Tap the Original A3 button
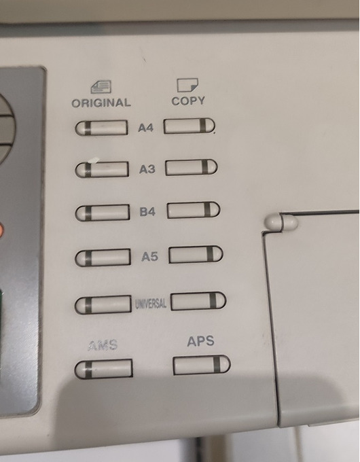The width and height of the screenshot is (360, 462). pyautogui.click(x=102, y=169)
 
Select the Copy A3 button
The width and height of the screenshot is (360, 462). pyautogui.click(x=191, y=167)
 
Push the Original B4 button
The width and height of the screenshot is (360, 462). pyautogui.click(x=102, y=213)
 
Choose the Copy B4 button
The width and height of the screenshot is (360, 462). pyautogui.click(x=194, y=210)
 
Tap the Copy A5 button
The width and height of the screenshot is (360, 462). pyautogui.click(x=196, y=254)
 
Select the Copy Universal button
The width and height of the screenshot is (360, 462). pyautogui.click(x=198, y=301)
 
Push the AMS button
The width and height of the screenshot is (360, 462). pyautogui.click(x=103, y=369)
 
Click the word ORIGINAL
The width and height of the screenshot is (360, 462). pyautogui.click(x=101, y=103)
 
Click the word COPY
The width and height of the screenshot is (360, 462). pyautogui.click(x=188, y=101)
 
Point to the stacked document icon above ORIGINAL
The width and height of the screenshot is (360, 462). pyautogui.click(x=101, y=87)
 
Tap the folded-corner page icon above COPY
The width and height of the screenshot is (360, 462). pyautogui.click(x=187, y=85)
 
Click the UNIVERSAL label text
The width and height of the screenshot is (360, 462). pyautogui.click(x=151, y=304)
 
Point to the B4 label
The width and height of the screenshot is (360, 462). pyautogui.click(x=147, y=211)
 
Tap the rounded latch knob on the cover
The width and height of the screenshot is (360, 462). pyautogui.click(x=281, y=222)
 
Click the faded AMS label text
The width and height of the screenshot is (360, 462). pyautogui.click(x=103, y=345)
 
